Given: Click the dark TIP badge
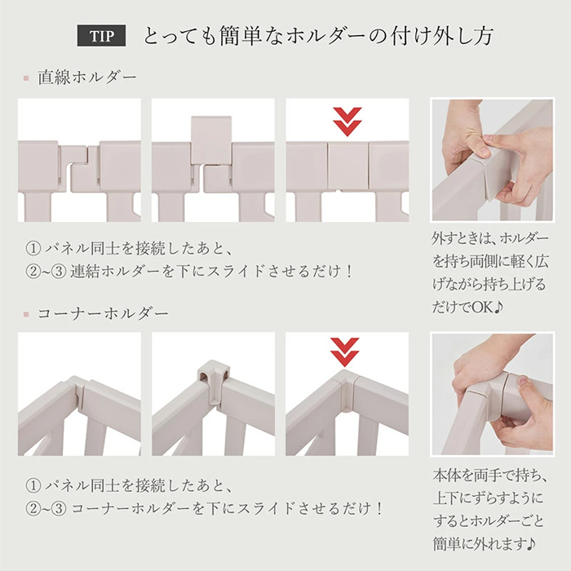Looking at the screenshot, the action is click(101, 36).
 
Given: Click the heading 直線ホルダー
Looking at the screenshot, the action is click(87, 77).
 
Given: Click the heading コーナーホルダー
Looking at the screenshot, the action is click(103, 313).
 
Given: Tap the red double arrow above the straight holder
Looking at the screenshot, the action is click(347, 122).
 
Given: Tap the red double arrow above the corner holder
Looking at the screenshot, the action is click(345, 352).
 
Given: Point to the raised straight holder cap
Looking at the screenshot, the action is click(211, 140).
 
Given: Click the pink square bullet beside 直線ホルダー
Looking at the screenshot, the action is click(26, 78).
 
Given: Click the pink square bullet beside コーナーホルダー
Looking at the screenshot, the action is click(26, 314).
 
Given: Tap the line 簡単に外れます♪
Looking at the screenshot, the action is click(485, 544).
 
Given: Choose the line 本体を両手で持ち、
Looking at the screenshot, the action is click(489, 475).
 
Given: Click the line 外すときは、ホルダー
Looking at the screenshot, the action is click(489, 238).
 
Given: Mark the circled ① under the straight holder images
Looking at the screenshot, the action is click(33, 249).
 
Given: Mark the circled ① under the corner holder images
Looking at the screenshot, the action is click(33, 486).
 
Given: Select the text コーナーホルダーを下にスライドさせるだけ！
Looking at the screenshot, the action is click(228, 508).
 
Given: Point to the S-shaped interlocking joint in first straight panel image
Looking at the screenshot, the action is click(79, 168).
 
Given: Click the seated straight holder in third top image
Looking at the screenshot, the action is click(347, 166).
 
